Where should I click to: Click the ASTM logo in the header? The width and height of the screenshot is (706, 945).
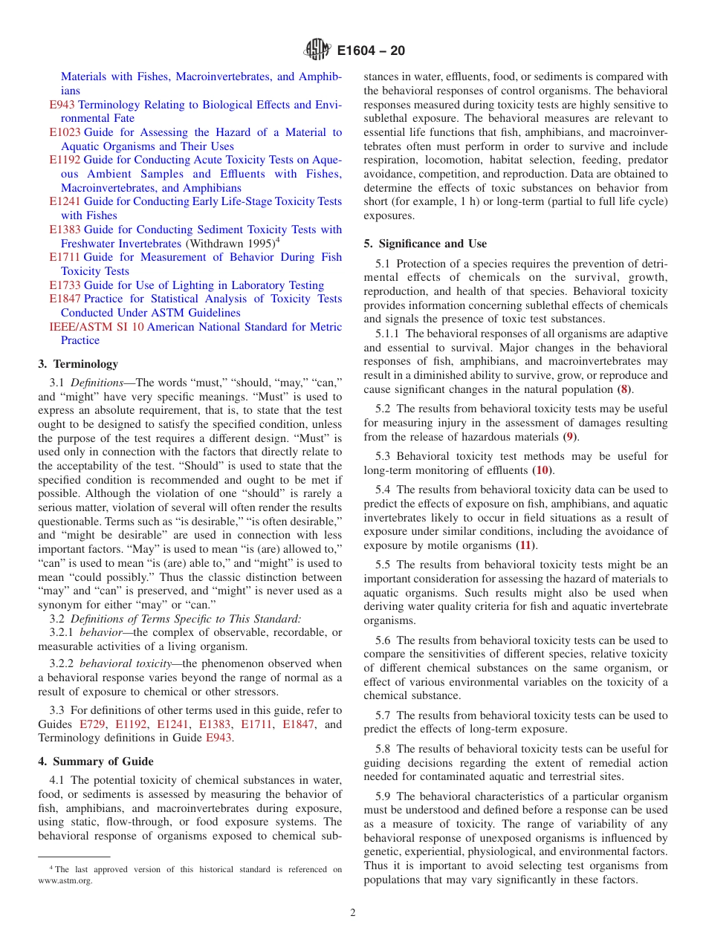coord(317,51)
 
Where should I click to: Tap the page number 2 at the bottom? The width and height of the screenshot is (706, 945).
coord(353,913)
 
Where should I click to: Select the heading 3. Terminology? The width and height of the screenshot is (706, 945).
coord(78,364)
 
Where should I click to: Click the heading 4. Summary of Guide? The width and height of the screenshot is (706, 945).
coord(96,761)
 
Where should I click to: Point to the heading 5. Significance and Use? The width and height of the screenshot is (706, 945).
coord(425,244)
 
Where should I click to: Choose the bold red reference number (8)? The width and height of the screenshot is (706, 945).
coord(626,389)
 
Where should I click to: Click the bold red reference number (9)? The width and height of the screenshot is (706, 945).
coord(569,437)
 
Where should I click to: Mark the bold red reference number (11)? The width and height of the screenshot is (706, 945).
coord(526,545)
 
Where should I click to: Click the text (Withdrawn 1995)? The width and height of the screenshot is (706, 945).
coord(229,244)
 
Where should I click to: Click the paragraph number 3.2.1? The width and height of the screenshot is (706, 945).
coord(62,632)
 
